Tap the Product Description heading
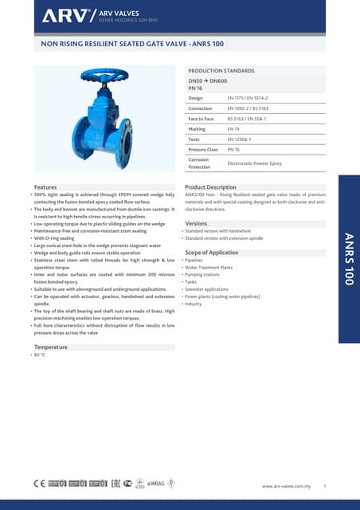tap(210, 186)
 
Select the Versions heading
tap(196, 224)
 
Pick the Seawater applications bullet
tap(206, 289)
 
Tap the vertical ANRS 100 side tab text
tap(349, 259)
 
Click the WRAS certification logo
tap(156, 484)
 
